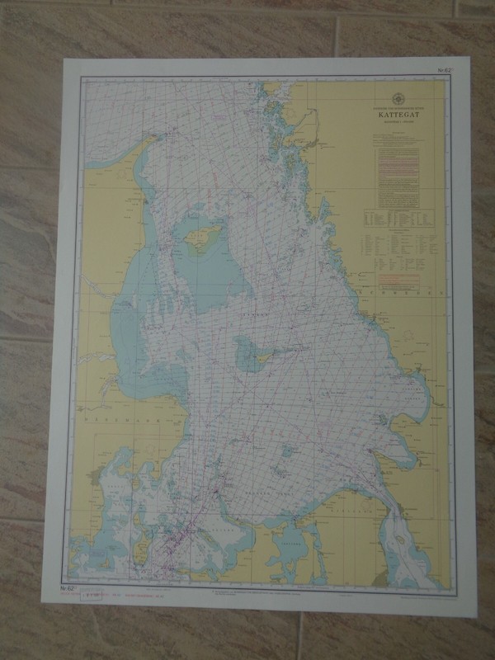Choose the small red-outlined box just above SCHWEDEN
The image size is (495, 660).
(404, 280)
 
